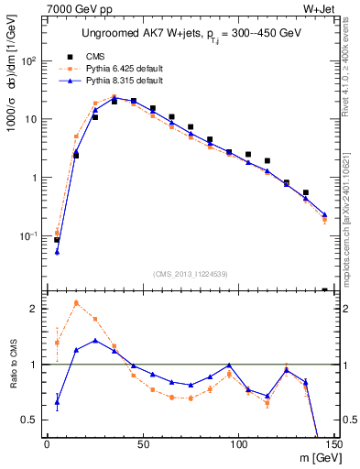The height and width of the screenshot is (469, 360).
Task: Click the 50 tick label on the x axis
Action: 142,446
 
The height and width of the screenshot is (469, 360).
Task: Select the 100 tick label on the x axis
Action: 238,446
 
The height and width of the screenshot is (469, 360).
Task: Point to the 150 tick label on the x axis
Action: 333,446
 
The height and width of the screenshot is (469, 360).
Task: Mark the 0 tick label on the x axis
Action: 47,446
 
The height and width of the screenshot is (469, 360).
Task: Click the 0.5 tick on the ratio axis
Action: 31,420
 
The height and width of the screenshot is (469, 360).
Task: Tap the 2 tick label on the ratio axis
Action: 35,309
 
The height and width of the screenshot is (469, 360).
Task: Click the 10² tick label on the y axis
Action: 29,60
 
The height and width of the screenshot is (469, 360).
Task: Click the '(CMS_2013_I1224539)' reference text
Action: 190,272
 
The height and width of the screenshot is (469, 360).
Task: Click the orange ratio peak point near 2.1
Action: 76,302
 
